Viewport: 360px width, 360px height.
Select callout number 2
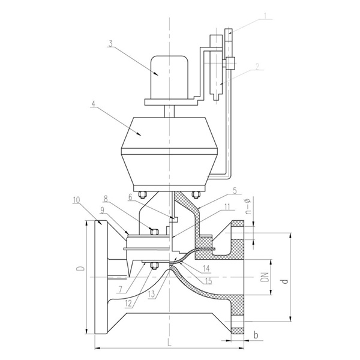pyautogui.click(x=257, y=67)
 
